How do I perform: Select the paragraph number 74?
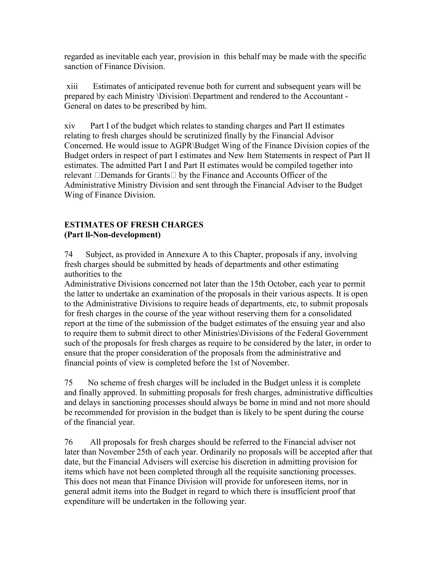69,255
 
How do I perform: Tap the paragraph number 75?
69,383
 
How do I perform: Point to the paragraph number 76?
69,442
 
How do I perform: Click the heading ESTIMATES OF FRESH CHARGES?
134,225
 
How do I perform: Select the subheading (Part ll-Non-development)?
112,235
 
